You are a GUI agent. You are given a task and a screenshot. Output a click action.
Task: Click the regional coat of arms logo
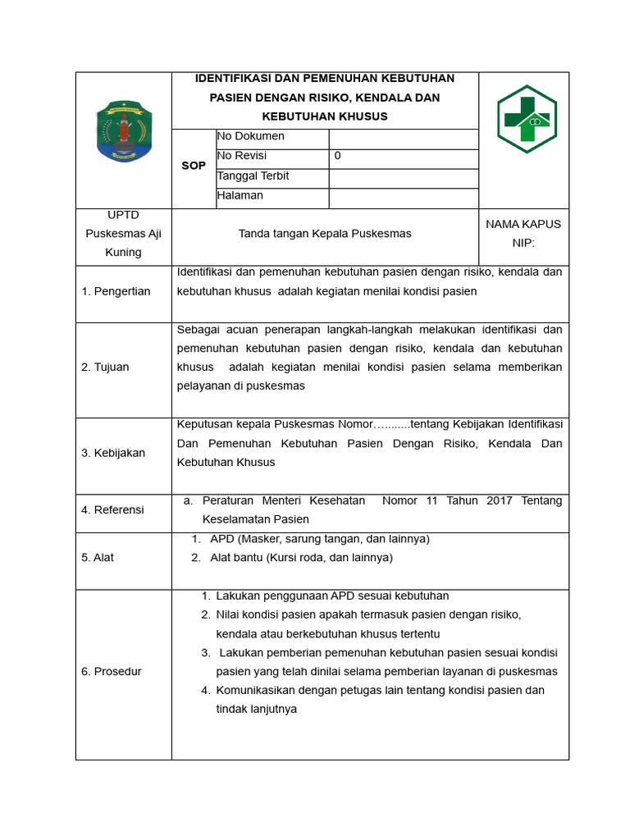(x=124, y=131)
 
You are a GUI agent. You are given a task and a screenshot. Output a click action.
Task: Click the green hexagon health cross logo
(x=527, y=120)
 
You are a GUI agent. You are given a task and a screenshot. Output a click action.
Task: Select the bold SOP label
(x=194, y=166)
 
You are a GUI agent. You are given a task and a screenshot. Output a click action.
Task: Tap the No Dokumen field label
(x=251, y=136)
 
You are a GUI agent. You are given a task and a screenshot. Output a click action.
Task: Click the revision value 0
(x=338, y=156)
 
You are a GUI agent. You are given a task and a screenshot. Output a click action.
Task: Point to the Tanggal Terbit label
(x=253, y=176)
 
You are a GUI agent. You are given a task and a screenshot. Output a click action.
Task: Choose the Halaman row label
(x=240, y=195)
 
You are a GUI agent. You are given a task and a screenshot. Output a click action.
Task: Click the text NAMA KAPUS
(x=523, y=224)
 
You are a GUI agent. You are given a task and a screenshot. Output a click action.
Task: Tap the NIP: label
(x=523, y=243)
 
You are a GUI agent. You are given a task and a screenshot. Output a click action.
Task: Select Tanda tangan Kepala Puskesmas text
(x=325, y=234)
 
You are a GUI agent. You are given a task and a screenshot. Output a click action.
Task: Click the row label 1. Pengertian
(x=116, y=291)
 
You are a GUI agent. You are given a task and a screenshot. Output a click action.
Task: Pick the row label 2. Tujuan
(x=105, y=367)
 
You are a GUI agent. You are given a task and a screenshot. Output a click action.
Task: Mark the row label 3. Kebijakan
(x=113, y=453)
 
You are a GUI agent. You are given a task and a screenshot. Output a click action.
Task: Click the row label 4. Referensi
(x=112, y=509)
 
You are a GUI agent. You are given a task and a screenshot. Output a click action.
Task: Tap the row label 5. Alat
(x=98, y=557)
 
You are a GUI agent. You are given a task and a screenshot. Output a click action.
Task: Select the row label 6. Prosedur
(x=112, y=671)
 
